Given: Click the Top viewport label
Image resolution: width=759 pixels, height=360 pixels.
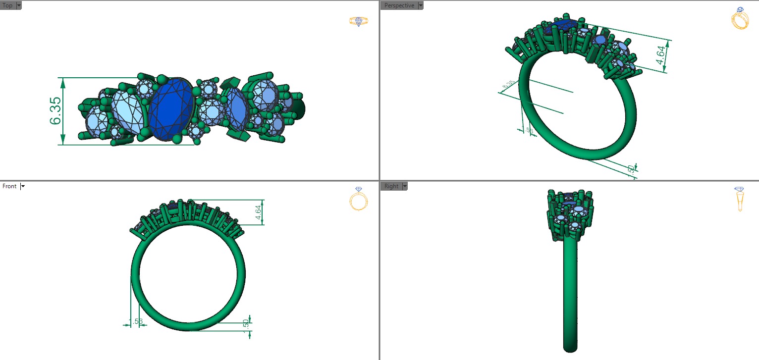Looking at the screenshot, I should click(x=7, y=5).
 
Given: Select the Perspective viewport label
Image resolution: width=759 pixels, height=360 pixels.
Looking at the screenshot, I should click(x=399, y=5).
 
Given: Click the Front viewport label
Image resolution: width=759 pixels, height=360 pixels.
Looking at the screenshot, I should click(x=9, y=186).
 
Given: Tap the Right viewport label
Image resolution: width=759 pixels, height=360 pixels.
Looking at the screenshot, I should click(x=391, y=186).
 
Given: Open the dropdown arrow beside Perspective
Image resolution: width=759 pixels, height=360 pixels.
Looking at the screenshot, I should click(x=421, y=5).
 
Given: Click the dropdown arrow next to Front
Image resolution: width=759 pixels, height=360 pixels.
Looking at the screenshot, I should click(x=23, y=186).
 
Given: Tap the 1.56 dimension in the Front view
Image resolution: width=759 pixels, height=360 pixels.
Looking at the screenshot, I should click(x=136, y=322).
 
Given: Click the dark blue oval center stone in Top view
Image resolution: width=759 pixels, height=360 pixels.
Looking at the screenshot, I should click(x=171, y=108).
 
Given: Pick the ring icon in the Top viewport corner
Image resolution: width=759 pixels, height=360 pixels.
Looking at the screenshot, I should click(x=358, y=21).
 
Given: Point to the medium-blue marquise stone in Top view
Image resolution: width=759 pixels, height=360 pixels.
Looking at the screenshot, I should click(x=236, y=109).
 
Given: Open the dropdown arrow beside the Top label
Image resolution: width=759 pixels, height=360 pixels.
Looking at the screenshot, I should click(x=19, y=5).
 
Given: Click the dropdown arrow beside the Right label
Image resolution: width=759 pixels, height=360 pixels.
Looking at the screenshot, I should click(x=405, y=186).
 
